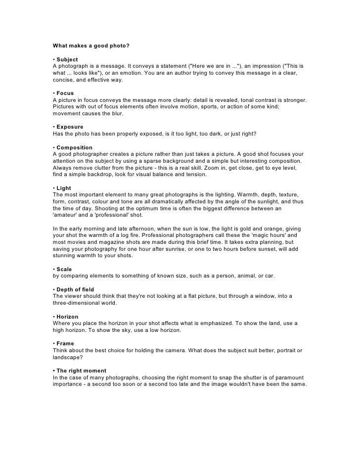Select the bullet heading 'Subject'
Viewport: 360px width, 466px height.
[x=67, y=59]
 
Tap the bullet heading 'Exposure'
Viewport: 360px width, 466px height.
[x=70, y=127]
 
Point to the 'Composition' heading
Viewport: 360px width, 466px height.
[x=75, y=147]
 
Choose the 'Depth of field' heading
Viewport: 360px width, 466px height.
[x=75, y=289]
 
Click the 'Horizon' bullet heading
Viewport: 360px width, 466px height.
[x=69, y=316]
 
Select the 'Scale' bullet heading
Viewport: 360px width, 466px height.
[x=64, y=269]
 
